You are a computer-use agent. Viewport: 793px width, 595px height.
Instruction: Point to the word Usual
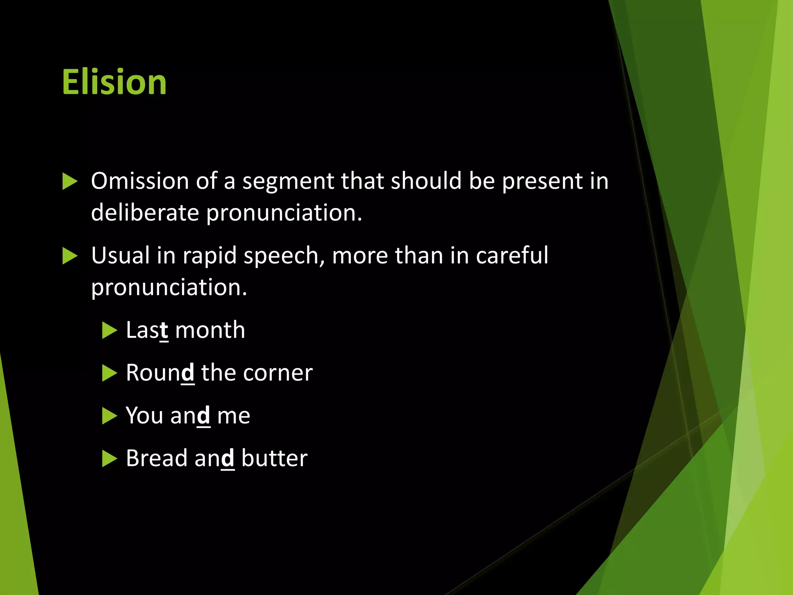pos(120,255)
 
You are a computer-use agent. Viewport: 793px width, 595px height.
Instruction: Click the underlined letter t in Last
pos(164,330)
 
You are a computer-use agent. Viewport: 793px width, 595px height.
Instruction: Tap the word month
pos(210,330)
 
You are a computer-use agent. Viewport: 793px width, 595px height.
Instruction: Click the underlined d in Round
pos(188,373)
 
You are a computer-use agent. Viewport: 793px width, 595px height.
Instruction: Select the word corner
pos(278,373)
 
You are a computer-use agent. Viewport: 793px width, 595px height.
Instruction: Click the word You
pos(144,416)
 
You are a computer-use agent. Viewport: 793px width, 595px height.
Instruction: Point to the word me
pos(233,416)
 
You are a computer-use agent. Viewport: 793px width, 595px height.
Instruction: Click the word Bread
pos(157,458)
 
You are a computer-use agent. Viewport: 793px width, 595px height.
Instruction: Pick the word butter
pos(274,458)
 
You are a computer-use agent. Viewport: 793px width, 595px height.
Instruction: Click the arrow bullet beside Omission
pos(70,181)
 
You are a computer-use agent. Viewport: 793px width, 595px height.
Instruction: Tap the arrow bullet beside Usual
pos(70,256)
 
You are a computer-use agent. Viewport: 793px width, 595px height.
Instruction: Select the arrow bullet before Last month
pos(109,331)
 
